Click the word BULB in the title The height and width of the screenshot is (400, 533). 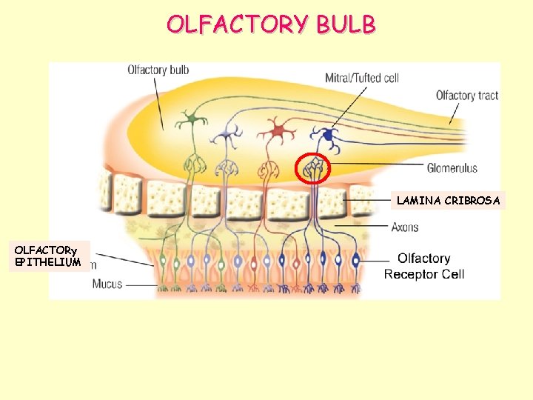[x=346, y=24]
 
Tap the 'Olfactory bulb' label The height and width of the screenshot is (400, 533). [x=158, y=70]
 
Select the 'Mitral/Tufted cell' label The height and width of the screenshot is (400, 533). [x=362, y=78]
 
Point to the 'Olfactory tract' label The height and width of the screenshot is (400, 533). [x=466, y=96]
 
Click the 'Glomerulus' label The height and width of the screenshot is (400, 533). [x=452, y=168]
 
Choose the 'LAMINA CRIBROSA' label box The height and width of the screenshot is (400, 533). [x=448, y=200]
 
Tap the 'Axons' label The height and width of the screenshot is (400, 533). [x=405, y=227]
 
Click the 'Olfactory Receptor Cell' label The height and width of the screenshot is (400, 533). [x=423, y=266]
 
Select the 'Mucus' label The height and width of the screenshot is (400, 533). [x=107, y=284]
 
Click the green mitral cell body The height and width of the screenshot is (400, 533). [x=193, y=118]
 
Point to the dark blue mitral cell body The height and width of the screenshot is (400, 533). [x=326, y=136]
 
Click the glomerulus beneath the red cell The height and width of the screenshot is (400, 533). [x=273, y=167]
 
